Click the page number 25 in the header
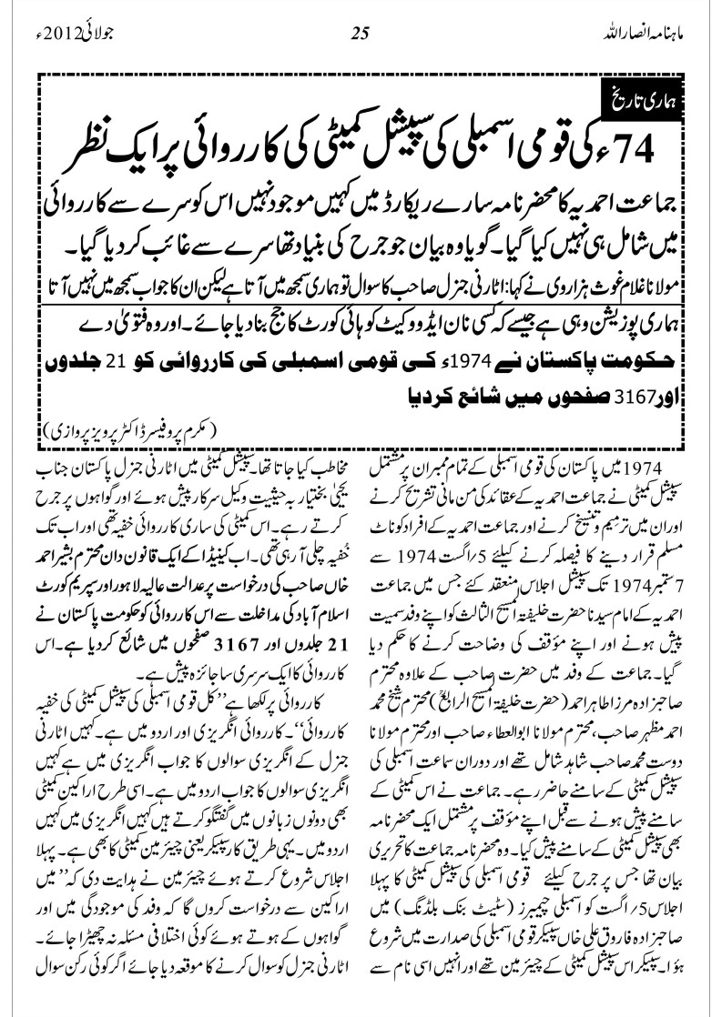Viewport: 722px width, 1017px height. (x=361, y=35)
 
